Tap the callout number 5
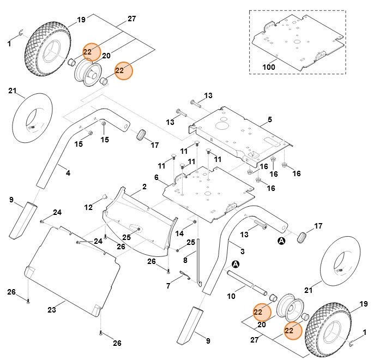269,119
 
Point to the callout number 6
156,178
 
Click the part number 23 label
52,310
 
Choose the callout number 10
231,296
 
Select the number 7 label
168,285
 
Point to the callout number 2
144,187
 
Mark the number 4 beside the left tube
68,173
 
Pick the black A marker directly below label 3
236,264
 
